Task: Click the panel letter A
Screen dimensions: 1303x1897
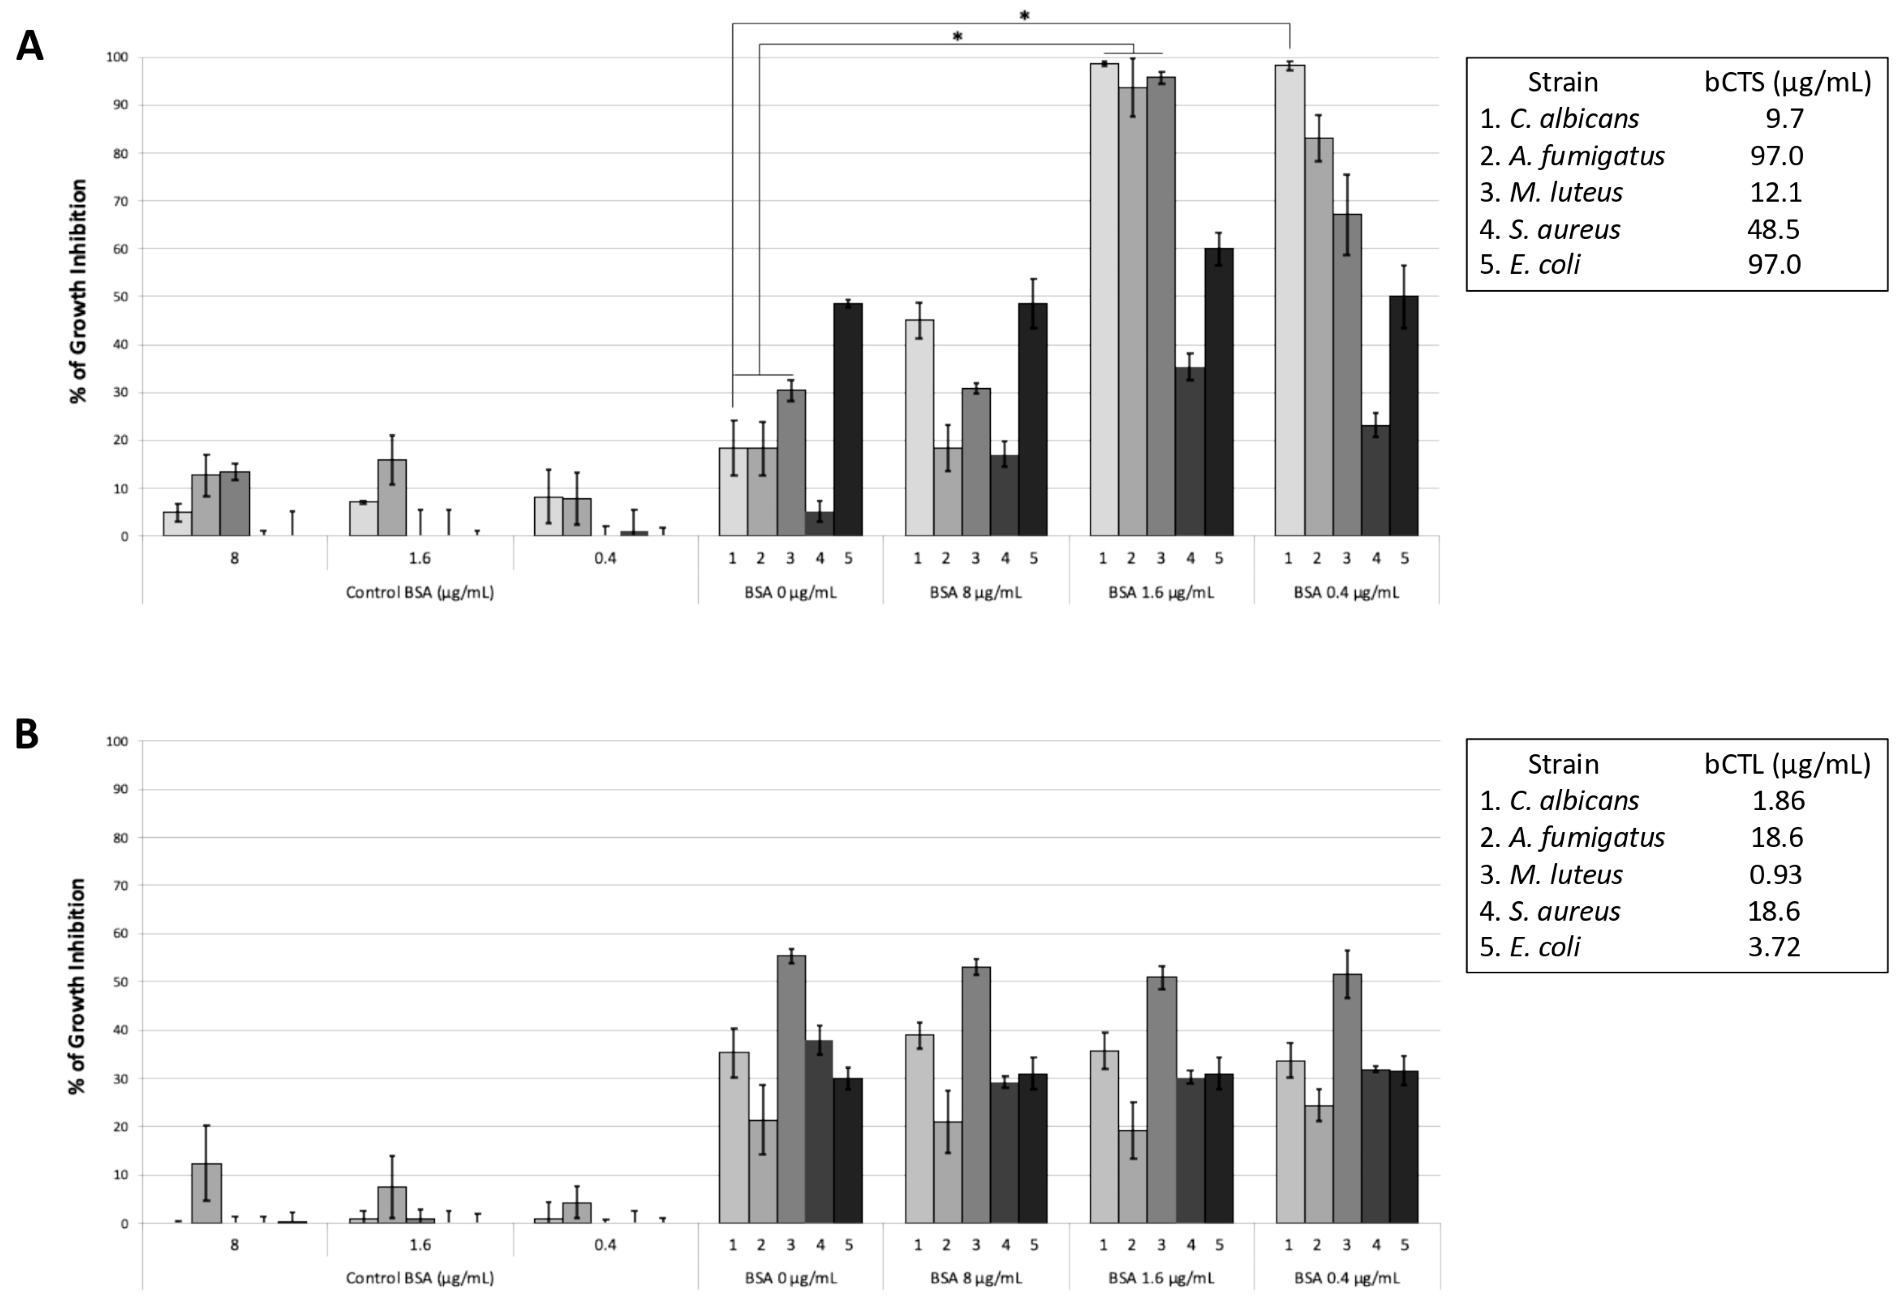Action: [30, 46]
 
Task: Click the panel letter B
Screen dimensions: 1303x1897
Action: [27, 734]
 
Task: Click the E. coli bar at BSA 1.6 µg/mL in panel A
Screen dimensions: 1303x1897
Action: [1219, 392]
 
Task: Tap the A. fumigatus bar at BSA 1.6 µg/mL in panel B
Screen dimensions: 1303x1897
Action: [1132, 1175]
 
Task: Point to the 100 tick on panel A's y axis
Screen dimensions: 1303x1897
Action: [117, 57]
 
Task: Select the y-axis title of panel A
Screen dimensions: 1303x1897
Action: [77, 291]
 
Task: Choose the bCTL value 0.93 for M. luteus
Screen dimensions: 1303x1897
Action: [1776, 874]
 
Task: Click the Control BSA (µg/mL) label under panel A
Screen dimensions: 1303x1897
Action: [420, 593]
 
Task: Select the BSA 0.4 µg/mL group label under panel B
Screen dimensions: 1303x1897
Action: [1346, 1278]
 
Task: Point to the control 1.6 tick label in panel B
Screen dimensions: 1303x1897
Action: [420, 1245]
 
